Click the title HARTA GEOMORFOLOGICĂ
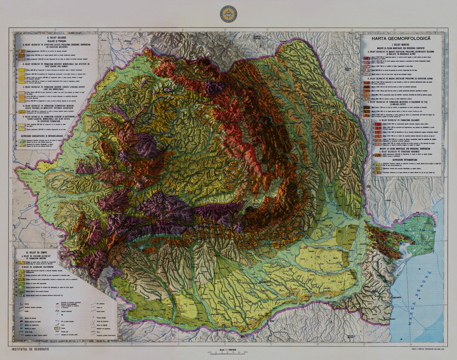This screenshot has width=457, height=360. pyautogui.click(x=401, y=38)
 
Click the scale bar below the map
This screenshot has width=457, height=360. pyautogui.click(x=228, y=353)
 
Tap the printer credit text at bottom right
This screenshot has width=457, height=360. pyautogui.click(x=420, y=349)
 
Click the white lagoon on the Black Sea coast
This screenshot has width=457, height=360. pyautogui.click(x=404, y=249)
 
